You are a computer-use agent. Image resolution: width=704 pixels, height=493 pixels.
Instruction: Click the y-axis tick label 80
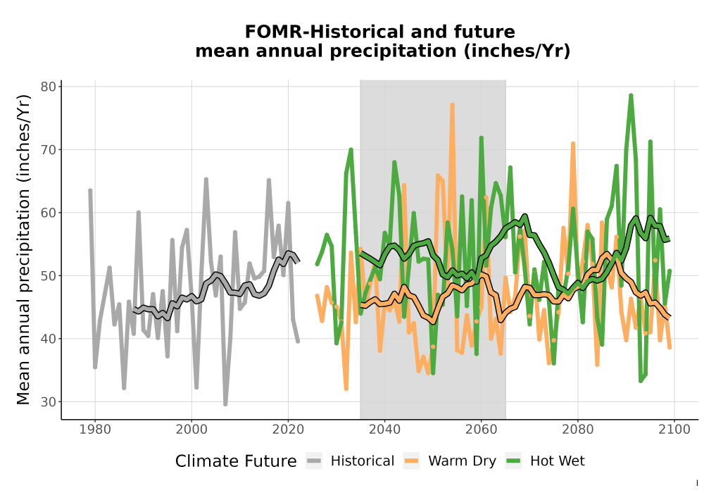click(x=48, y=87)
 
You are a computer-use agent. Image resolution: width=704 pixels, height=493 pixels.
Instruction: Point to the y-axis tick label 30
click(x=48, y=402)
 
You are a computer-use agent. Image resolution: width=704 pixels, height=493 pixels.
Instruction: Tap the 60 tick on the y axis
click(x=48, y=213)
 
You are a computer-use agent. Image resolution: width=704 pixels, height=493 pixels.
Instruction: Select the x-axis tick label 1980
click(x=95, y=430)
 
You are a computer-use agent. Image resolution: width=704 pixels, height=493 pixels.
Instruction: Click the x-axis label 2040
click(x=384, y=430)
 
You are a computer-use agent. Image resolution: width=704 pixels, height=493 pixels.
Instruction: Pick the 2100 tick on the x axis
click(x=674, y=430)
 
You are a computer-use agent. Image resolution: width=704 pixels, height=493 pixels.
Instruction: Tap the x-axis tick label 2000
click(x=191, y=430)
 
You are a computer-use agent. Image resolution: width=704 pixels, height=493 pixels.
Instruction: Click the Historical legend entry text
click(x=363, y=461)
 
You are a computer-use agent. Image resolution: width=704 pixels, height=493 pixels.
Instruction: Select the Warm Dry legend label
click(x=462, y=461)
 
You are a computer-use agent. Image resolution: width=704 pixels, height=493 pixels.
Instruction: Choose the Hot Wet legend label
click(x=557, y=461)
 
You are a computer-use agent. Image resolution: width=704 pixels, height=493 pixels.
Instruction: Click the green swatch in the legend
click(x=513, y=461)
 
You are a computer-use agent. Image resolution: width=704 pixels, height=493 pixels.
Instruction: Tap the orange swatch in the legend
click(x=411, y=461)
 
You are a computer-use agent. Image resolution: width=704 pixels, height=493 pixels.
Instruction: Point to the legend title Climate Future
click(x=236, y=461)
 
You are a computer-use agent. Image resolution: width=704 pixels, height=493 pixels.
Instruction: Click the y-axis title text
click(x=23, y=249)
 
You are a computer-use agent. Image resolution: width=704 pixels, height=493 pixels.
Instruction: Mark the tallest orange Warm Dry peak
click(x=452, y=105)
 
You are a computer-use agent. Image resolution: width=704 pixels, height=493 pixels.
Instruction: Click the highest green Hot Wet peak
click(x=631, y=95)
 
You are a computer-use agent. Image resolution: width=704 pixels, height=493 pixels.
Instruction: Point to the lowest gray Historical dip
click(x=225, y=404)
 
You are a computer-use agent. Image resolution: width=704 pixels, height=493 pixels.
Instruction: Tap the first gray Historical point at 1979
click(x=90, y=190)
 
